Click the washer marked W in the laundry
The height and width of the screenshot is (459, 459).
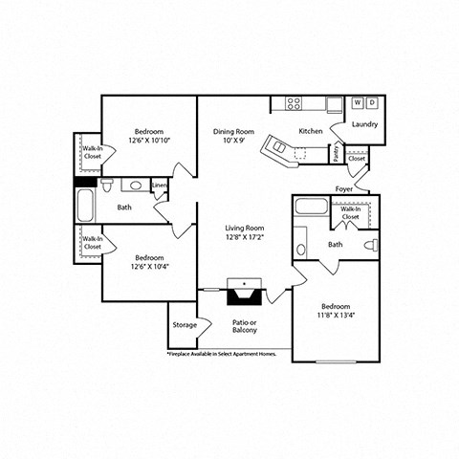coord(358,102)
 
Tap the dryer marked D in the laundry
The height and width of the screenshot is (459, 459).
coord(372,102)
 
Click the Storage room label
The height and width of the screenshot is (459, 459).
coord(185,325)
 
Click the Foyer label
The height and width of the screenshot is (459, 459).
coord(344,189)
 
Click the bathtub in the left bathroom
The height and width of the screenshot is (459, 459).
coord(85,205)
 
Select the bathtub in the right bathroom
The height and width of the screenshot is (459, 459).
coord(311,207)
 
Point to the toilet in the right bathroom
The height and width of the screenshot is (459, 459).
coord(371,245)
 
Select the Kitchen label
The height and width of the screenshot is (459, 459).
coord(311,131)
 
